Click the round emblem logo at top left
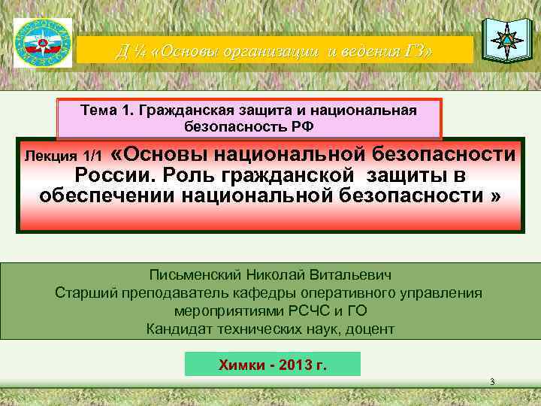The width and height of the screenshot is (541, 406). coord(43,41)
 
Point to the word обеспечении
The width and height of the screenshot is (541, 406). coord(115,197)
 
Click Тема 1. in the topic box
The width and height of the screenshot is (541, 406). coord(104,111)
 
